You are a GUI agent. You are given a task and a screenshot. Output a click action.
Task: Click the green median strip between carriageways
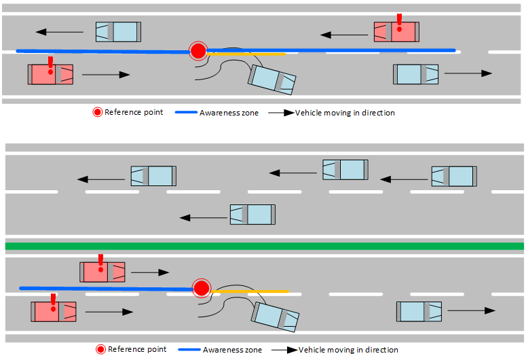[x=265, y=246]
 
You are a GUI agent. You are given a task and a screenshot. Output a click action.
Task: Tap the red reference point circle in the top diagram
[x=198, y=51]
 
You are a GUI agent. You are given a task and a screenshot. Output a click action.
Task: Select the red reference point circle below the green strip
[x=201, y=288]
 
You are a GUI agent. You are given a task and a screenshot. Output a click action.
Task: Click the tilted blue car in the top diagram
[x=272, y=79]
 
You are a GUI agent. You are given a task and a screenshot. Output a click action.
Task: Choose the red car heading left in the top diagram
[x=396, y=32]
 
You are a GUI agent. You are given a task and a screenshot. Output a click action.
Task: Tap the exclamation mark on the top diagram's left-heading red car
[x=399, y=23]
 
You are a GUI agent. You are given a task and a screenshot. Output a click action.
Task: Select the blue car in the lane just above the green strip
[x=252, y=215]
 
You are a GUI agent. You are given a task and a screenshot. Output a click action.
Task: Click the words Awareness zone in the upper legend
[x=229, y=113]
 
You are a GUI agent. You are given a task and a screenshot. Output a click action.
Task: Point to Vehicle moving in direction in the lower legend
[x=347, y=350]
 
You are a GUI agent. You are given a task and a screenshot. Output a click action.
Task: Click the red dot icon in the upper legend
[x=98, y=112]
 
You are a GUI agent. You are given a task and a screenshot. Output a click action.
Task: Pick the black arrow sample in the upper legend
[x=279, y=113]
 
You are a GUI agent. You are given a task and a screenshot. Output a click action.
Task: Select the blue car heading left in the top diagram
[x=118, y=31]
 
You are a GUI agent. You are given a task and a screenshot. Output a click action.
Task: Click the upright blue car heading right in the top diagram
[x=415, y=74]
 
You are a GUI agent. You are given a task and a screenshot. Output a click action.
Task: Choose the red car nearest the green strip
[x=102, y=272]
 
